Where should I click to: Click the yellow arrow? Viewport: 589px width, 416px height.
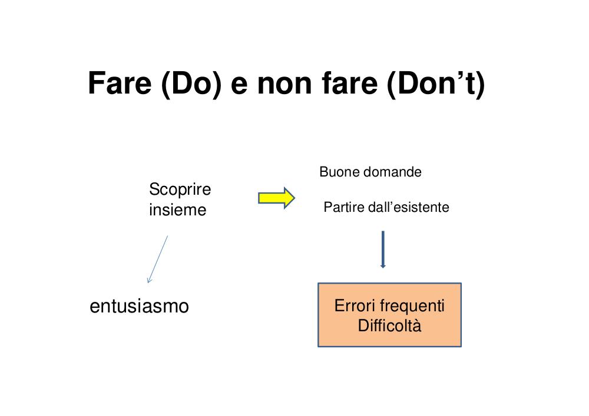pos(276,198)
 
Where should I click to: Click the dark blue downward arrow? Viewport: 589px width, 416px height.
pos(383,249)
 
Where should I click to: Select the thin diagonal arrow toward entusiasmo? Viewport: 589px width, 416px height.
pos(157,259)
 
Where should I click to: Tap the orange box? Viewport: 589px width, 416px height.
pos(389,315)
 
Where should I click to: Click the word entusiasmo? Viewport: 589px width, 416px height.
pos(140,306)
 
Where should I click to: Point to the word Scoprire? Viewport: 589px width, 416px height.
pos(180,189)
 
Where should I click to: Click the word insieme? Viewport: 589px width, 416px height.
pos(178,210)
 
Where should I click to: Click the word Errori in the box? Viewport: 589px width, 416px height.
pos(355,306)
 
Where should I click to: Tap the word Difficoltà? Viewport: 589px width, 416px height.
pos(389,325)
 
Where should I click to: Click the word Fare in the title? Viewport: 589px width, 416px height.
pos(120,84)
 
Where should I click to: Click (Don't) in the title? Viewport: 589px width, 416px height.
pos(436,84)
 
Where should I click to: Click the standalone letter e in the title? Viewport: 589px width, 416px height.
pos(239,86)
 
